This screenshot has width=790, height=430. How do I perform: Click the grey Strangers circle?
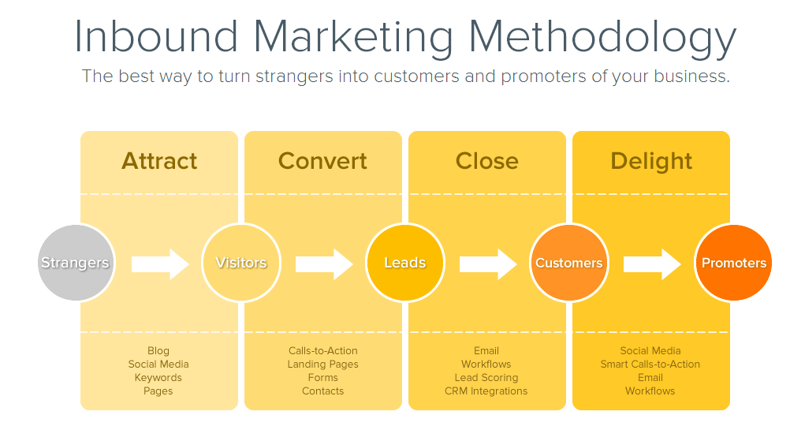tap(76, 263)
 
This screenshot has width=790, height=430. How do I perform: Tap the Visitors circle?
tap(240, 263)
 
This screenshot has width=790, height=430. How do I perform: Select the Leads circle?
tap(405, 263)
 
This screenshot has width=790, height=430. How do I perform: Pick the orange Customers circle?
tap(569, 263)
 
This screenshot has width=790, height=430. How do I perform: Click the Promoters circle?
tap(733, 263)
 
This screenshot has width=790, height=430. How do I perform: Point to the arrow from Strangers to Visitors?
tap(160, 264)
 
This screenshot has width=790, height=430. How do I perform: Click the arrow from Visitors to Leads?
tap(324, 264)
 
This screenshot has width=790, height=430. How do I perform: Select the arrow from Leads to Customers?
tap(488, 264)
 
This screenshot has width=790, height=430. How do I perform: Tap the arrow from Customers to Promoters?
tap(652, 264)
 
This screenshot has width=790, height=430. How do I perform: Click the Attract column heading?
tap(159, 161)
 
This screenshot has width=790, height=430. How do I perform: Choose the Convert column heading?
tap(322, 161)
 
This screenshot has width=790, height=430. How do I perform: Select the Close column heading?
tap(486, 161)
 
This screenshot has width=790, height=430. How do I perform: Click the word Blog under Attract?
tap(158, 351)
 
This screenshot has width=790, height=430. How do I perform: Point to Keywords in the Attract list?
tap(158, 378)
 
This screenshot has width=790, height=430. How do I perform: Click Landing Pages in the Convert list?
tap(323, 365)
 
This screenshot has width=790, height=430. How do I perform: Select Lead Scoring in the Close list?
tap(486, 378)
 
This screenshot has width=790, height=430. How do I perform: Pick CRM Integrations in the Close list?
tap(486, 391)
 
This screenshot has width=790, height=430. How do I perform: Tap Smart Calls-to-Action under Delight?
tap(650, 364)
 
